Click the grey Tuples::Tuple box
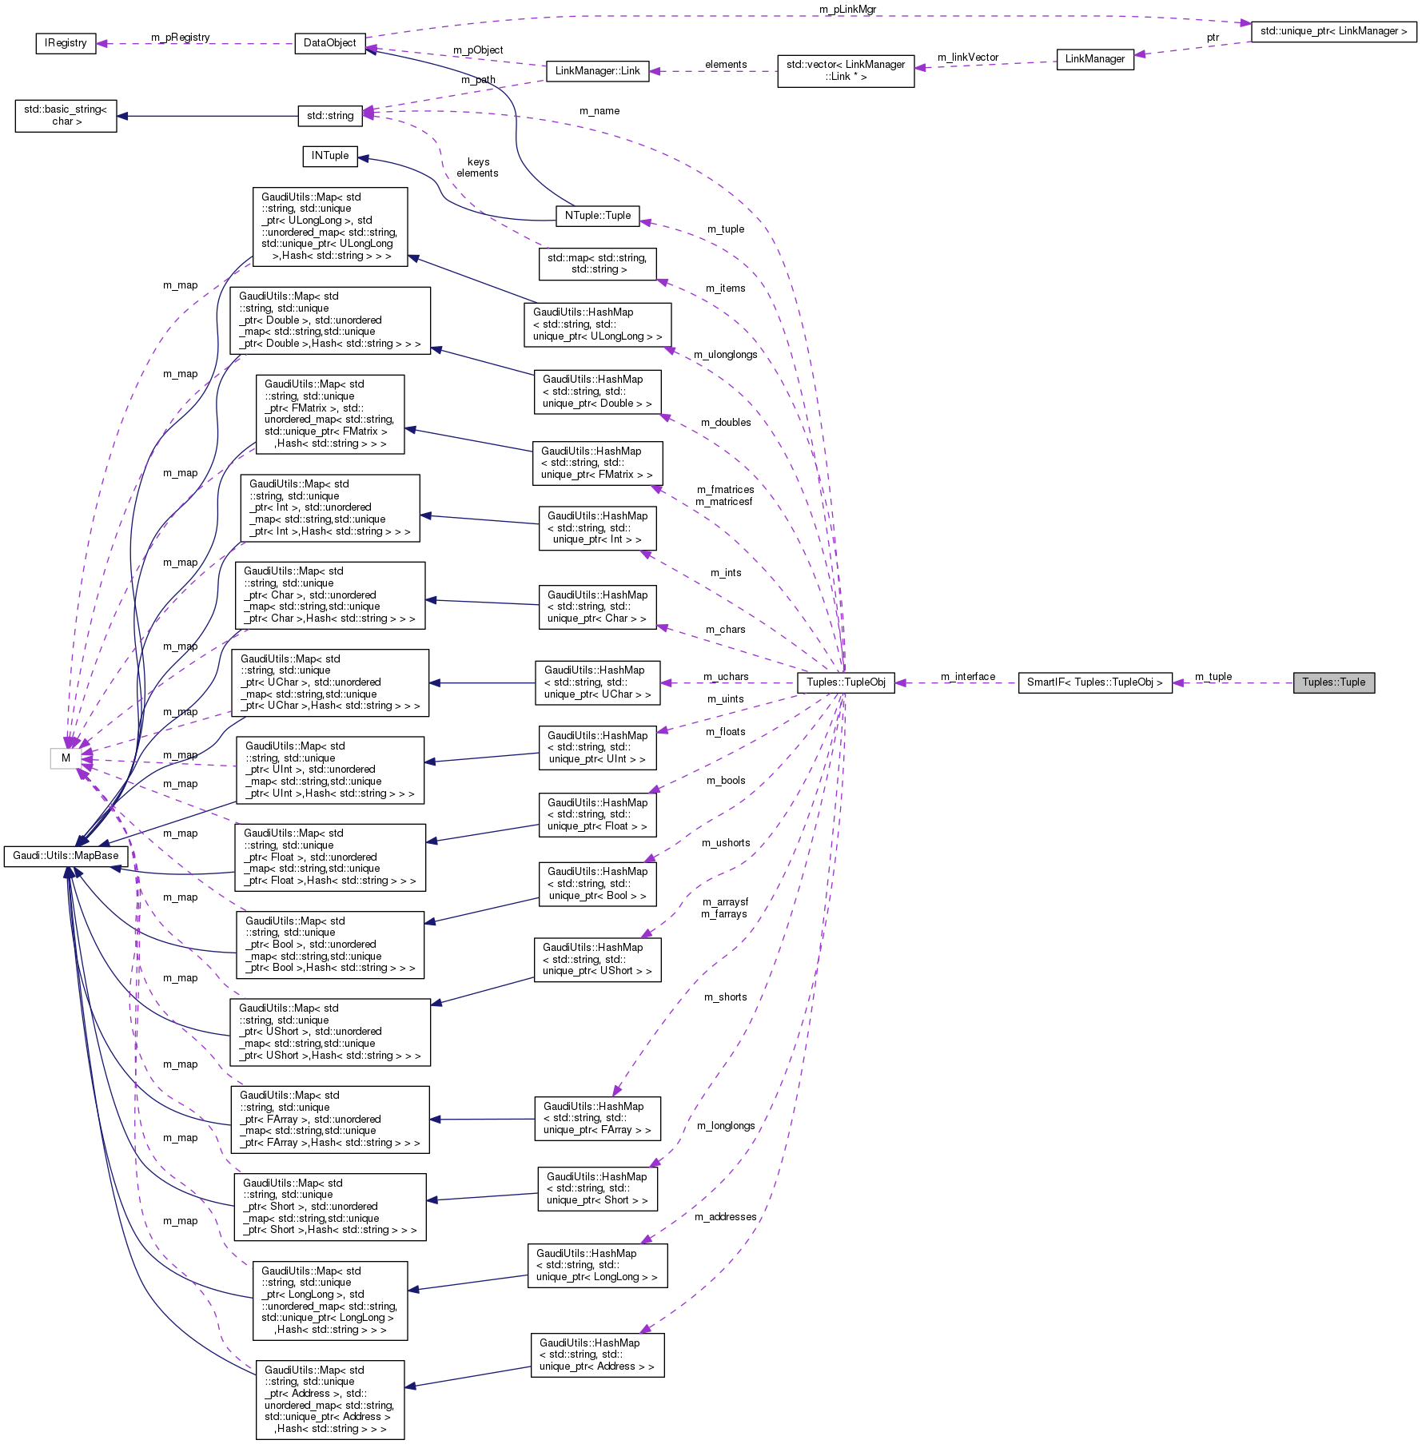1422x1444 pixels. click(x=1333, y=682)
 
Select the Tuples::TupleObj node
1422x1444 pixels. click(x=846, y=682)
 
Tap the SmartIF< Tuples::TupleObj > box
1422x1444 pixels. click(x=1094, y=682)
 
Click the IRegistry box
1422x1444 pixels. click(x=66, y=43)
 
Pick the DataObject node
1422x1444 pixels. click(x=329, y=43)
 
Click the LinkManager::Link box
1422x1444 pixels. click(x=597, y=71)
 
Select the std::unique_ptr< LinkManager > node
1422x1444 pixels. click(x=1333, y=31)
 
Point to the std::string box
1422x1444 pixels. click(x=329, y=116)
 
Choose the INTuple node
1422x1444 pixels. click(x=329, y=156)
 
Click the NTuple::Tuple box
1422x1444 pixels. click(x=597, y=216)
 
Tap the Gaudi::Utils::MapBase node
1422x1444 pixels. click(x=66, y=856)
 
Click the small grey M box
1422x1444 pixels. click(x=66, y=758)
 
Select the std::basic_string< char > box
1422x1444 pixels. click(x=66, y=115)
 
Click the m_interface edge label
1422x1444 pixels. click(x=967, y=677)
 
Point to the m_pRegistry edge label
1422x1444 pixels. click(x=180, y=38)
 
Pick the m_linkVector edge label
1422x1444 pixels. click(x=967, y=58)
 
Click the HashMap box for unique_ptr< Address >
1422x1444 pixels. click(x=597, y=1354)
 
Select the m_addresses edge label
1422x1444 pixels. click(x=725, y=1217)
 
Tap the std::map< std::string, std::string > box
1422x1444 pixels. click(x=597, y=264)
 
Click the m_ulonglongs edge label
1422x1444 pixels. click(x=725, y=355)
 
